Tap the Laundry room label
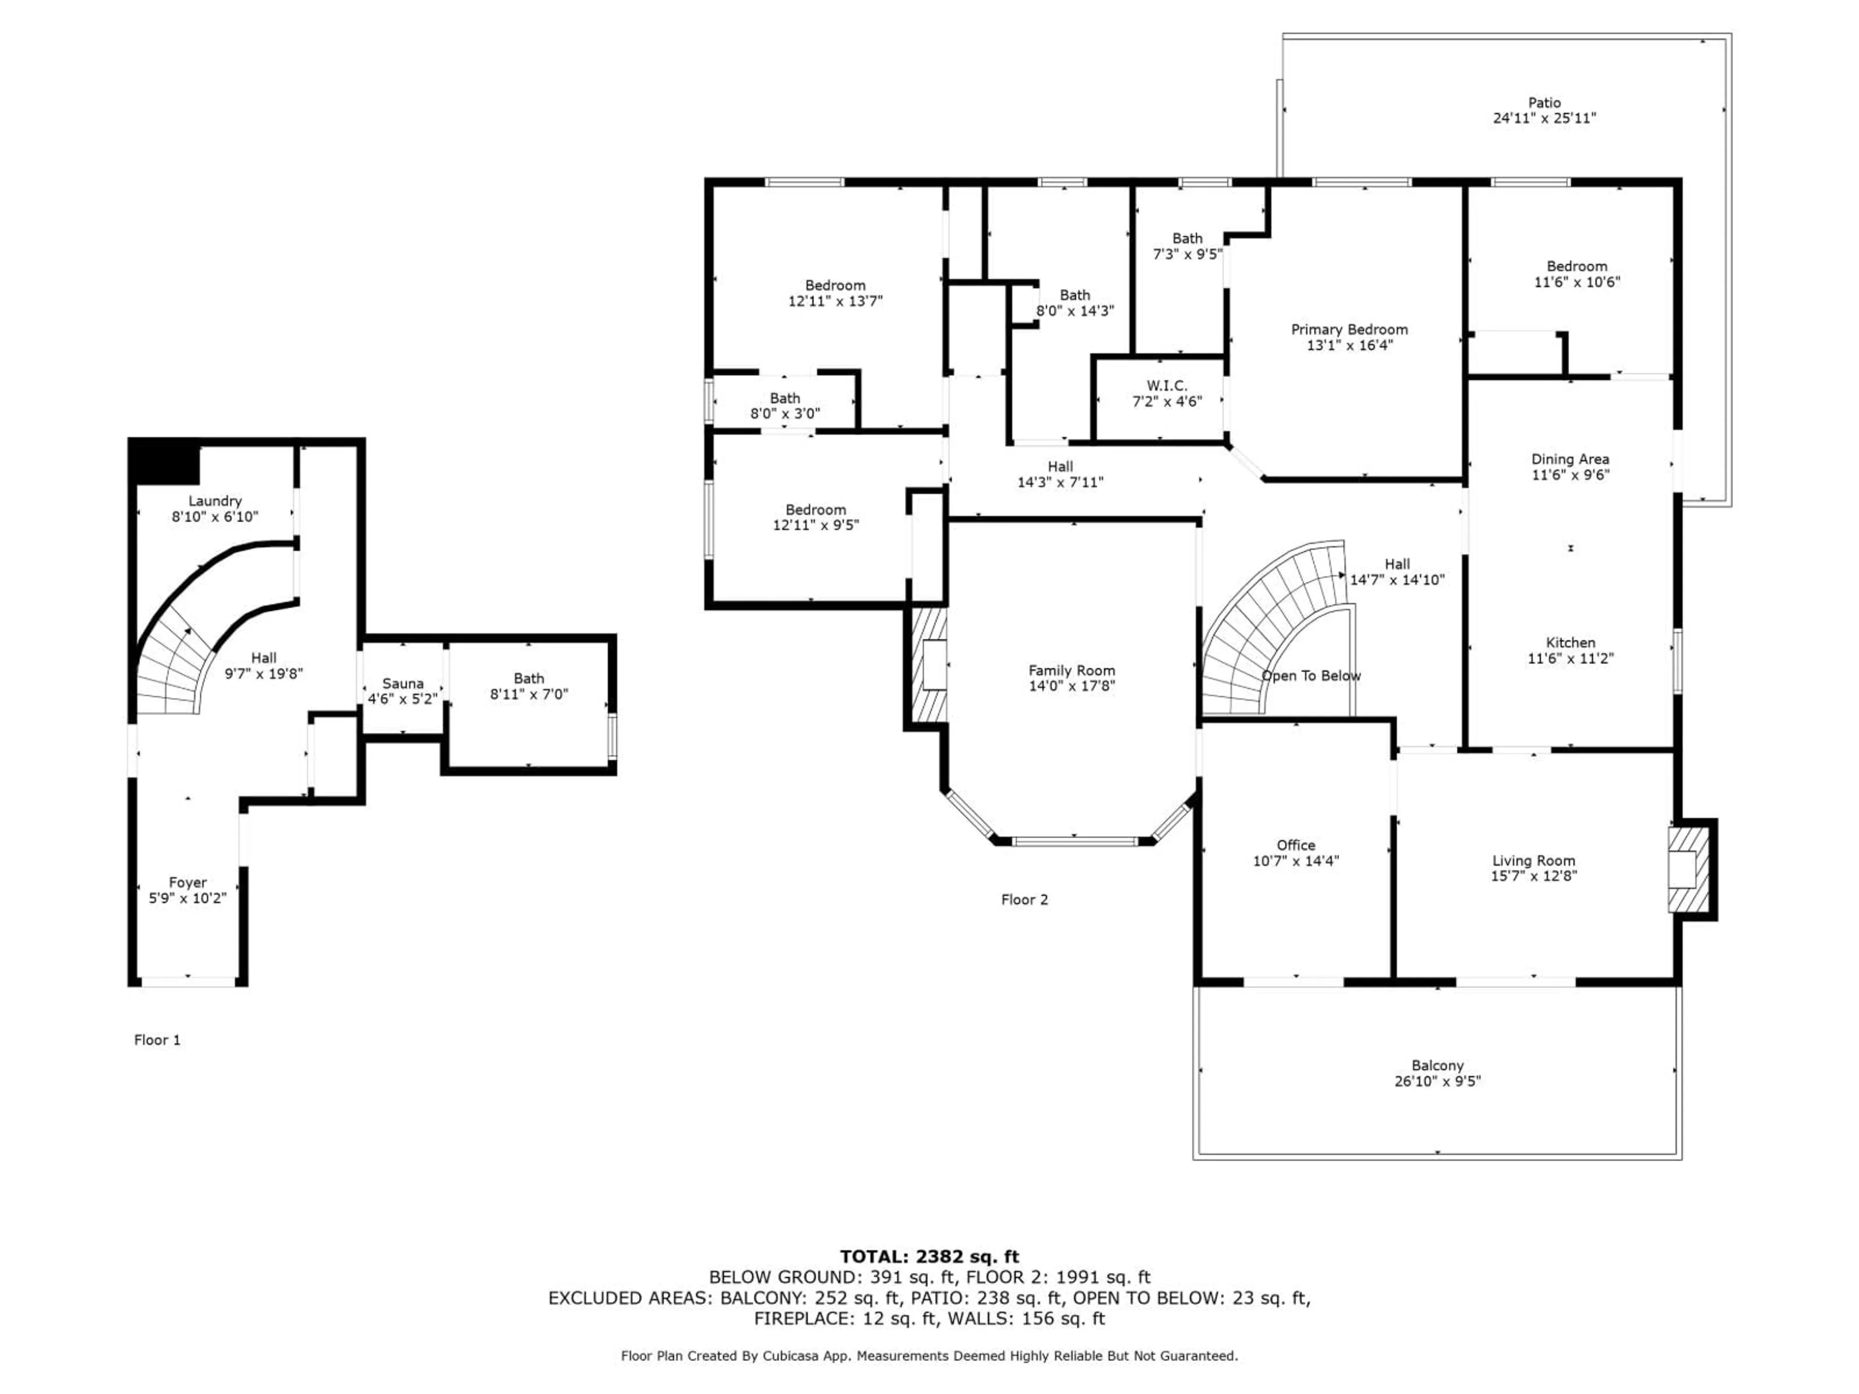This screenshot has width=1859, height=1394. (215, 501)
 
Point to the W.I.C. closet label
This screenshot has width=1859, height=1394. (1167, 386)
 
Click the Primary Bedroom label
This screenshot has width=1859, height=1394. (1349, 330)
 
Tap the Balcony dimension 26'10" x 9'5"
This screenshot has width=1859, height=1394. (1437, 1081)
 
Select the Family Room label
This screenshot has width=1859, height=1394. (1071, 670)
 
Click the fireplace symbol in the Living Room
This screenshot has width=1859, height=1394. (1688, 870)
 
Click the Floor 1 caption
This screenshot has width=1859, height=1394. (157, 1040)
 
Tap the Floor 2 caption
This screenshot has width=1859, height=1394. (1023, 900)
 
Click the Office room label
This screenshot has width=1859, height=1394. (1295, 845)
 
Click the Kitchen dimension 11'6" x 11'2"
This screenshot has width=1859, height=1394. (1570, 659)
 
